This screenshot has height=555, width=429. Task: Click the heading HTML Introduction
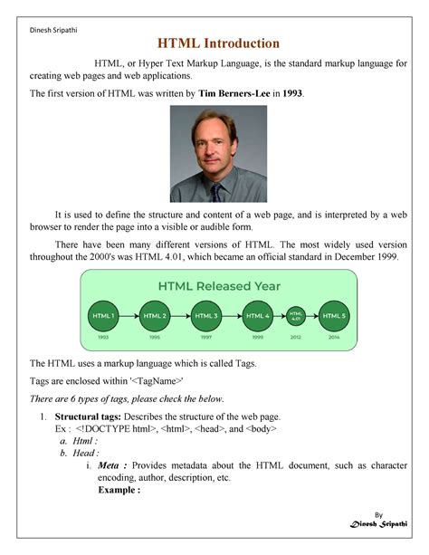click(x=219, y=43)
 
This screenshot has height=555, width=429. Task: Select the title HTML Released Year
click(x=219, y=286)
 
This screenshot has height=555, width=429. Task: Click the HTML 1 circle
click(x=102, y=316)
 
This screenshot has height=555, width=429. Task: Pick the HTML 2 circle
click(x=154, y=316)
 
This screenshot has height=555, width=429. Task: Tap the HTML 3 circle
click(x=205, y=316)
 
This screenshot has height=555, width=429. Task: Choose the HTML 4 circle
click(x=257, y=316)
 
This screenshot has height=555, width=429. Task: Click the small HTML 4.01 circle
click(x=296, y=316)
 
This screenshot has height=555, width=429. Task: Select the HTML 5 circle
click(x=335, y=316)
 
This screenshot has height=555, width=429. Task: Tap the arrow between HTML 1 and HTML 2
click(x=129, y=316)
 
